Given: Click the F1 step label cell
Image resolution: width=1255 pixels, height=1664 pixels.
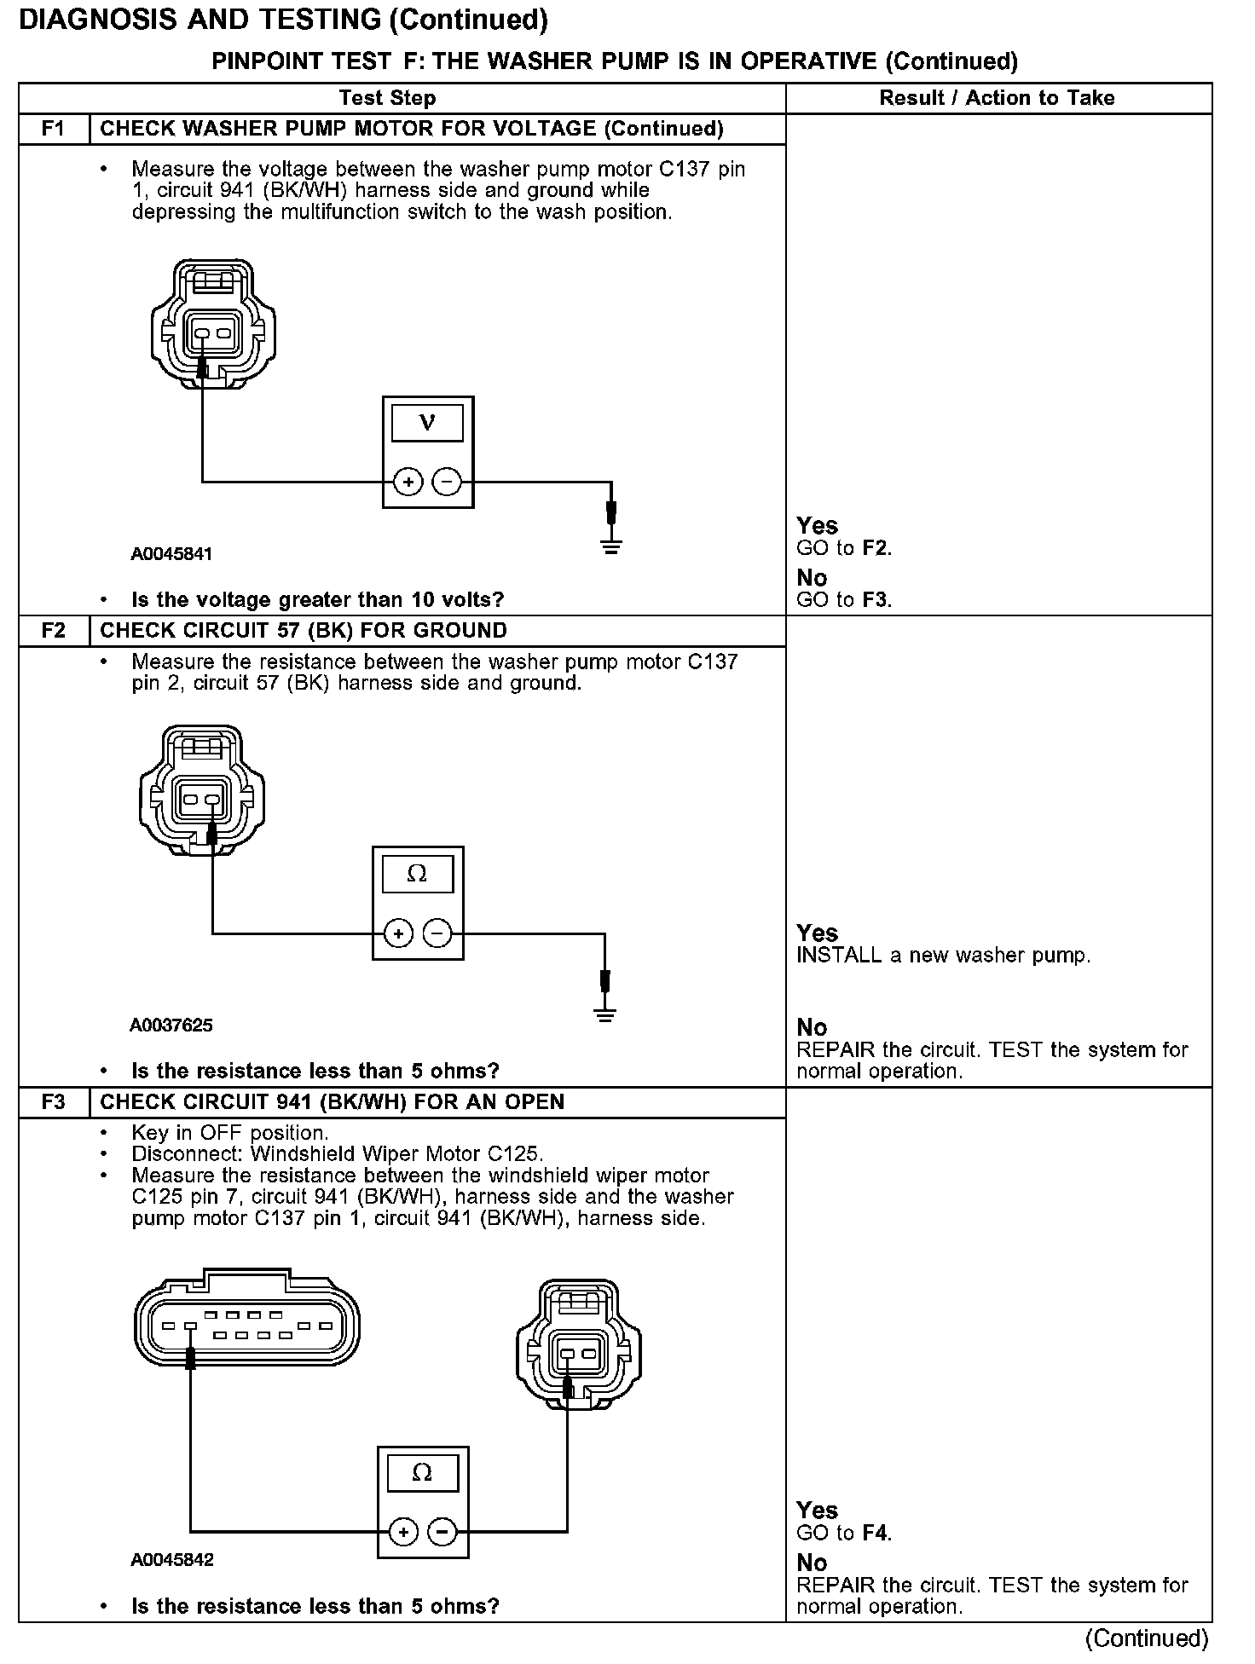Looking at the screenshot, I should tap(53, 129).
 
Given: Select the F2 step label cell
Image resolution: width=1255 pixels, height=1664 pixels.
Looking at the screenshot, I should tap(53, 631).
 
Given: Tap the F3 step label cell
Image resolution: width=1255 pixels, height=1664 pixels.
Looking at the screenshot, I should tap(53, 1102).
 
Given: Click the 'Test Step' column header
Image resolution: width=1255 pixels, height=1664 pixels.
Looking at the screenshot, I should tap(387, 98).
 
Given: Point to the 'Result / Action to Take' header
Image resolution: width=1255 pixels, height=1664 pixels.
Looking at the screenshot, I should tap(997, 98).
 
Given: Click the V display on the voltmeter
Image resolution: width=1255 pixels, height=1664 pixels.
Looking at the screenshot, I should tap(428, 423).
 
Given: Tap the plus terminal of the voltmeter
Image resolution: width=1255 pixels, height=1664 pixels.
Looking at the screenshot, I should tap(408, 482).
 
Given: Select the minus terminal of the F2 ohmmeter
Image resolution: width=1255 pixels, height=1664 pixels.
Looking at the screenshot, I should tap(437, 933).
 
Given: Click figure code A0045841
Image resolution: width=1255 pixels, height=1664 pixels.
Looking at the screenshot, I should tap(171, 554).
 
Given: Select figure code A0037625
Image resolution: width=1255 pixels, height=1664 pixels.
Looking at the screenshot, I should tap(171, 1026).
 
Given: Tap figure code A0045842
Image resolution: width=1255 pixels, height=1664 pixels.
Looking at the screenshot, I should tap(171, 1560).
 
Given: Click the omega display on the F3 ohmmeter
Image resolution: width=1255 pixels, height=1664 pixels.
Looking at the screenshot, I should tap(422, 1472).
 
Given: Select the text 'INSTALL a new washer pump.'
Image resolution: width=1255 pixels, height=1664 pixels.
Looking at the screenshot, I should tap(943, 956).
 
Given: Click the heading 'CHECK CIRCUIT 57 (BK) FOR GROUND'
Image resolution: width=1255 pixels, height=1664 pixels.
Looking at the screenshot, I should tap(304, 631).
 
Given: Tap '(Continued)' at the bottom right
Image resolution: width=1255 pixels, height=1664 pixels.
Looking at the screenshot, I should tap(1147, 1638).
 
